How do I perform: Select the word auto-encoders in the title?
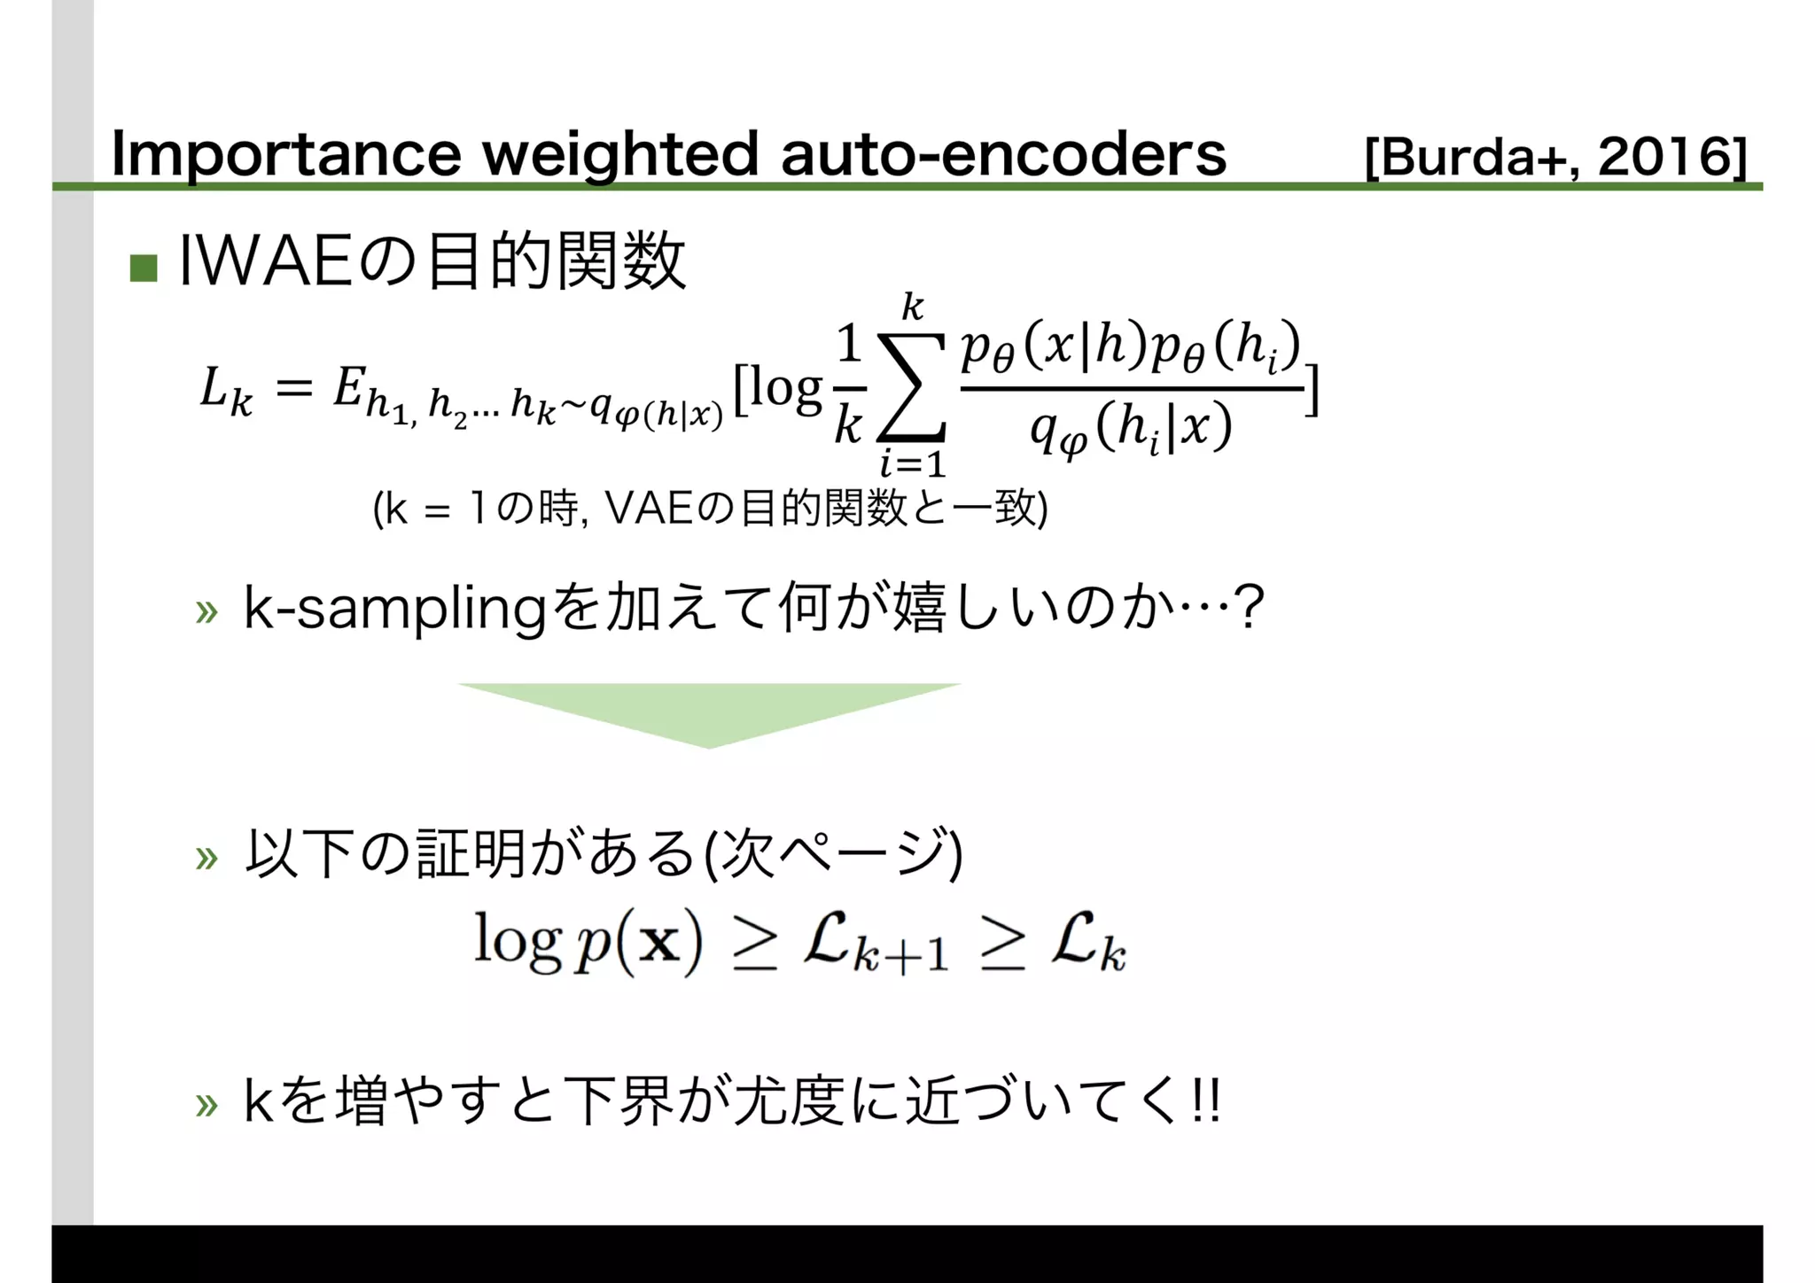click(x=1002, y=154)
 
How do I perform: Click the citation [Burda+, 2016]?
click(x=1555, y=158)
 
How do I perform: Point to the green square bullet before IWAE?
click(x=144, y=268)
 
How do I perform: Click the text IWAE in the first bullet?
click(x=265, y=261)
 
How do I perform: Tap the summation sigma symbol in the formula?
click(x=911, y=387)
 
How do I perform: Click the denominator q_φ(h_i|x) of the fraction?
click(x=1131, y=429)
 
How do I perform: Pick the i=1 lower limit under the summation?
click(x=912, y=463)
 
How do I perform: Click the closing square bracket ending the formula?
click(x=1313, y=391)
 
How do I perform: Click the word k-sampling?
click(x=394, y=610)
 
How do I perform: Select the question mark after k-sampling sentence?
click(x=1249, y=608)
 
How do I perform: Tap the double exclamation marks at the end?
click(x=1208, y=1102)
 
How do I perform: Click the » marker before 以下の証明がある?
click(x=206, y=857)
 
